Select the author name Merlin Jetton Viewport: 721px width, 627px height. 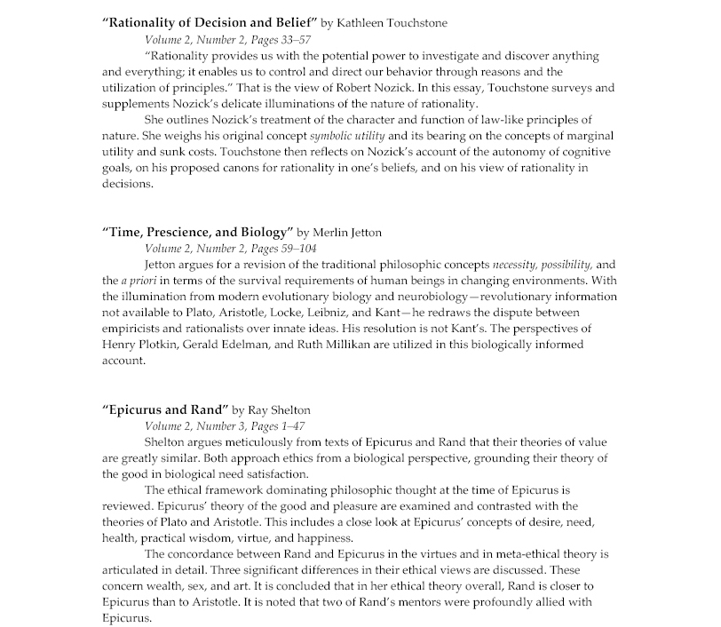click(x=352, y=233)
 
